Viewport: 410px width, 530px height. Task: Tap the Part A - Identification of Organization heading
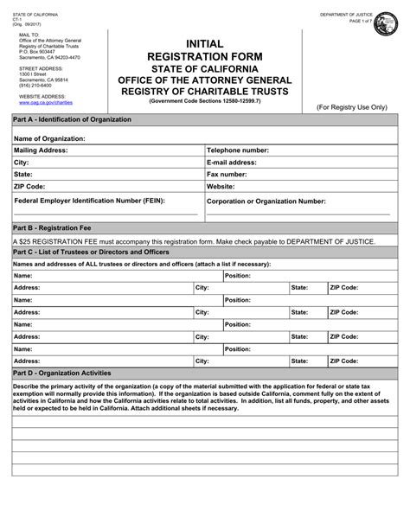[x=72, y=118]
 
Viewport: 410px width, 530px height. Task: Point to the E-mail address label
[x=231, y=162]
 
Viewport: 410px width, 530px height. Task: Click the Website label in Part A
[x=221, y=186]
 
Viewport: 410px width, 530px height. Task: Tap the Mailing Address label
[x=44, y=150]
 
